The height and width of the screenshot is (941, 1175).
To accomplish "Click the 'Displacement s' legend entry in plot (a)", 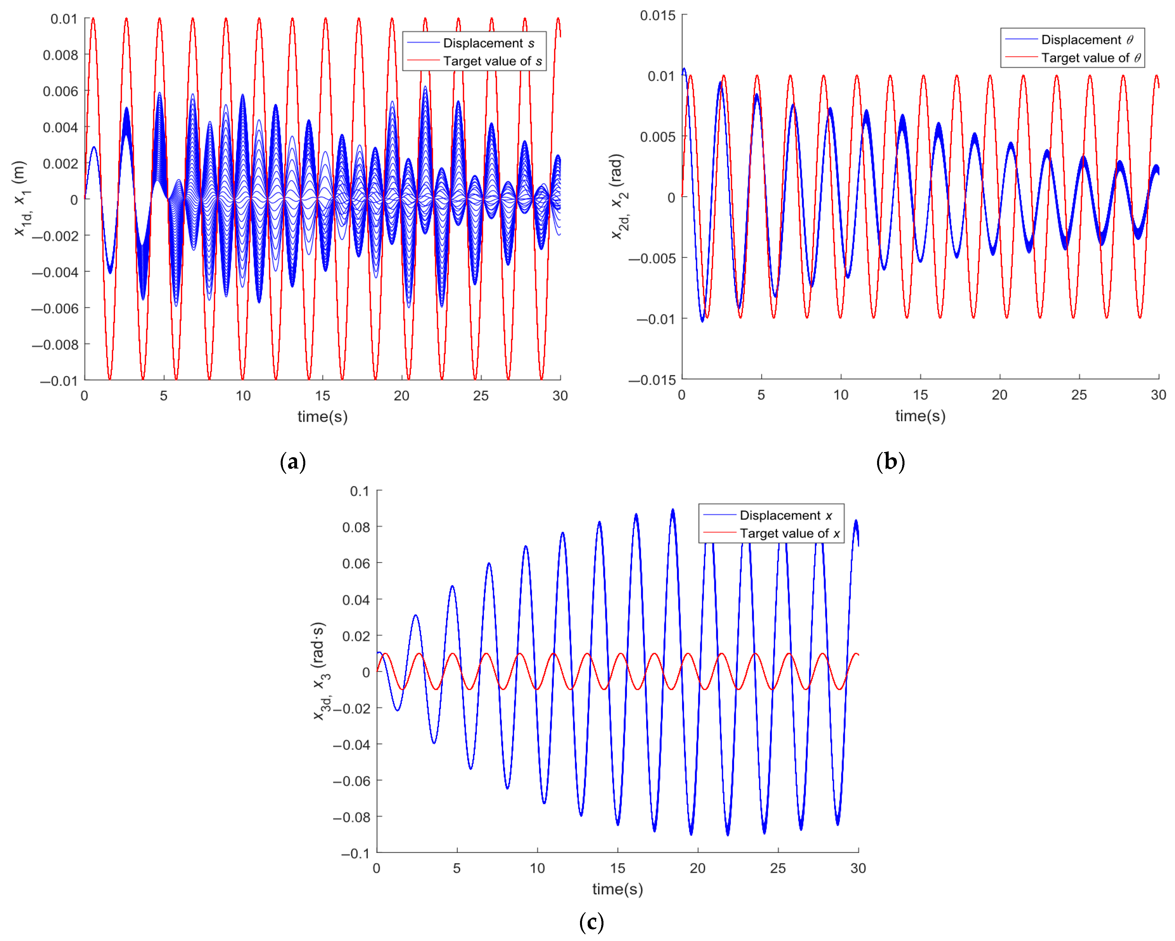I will coord(488,43).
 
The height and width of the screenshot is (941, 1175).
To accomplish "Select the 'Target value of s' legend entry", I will coord(492,61).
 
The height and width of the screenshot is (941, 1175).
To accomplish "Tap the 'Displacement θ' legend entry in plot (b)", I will coord(1086,40).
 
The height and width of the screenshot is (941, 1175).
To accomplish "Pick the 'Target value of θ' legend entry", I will coord(1090,58).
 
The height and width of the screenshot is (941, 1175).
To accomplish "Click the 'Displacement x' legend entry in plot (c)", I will coord(785,515).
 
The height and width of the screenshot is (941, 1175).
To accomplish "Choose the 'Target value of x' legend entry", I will coord(789,533).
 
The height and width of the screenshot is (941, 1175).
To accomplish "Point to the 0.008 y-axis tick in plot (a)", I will coord(60,55).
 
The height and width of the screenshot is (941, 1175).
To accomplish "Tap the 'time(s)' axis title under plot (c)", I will coord(618,889).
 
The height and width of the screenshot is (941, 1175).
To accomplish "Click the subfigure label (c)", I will coord(591,922).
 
